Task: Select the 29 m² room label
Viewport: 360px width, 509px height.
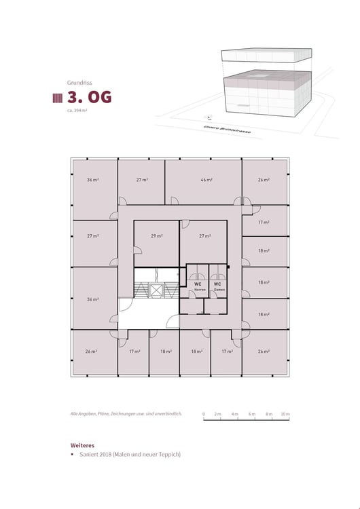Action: coord(156,235)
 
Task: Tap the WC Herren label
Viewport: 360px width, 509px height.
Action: coord(199,286)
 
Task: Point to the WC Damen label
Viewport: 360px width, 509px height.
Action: coord(217,286)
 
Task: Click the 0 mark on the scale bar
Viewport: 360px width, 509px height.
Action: coord(204,413)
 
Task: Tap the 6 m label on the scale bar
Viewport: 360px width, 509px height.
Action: coord(251,413)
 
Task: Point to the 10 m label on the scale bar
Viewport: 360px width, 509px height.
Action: coord(285,413)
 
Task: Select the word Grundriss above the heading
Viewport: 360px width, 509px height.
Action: coord(79,81)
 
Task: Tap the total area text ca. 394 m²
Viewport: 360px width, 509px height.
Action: coord(77,110)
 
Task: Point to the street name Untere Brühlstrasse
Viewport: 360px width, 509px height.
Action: coord(227,130)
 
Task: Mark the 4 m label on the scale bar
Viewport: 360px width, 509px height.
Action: coord(234,413)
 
